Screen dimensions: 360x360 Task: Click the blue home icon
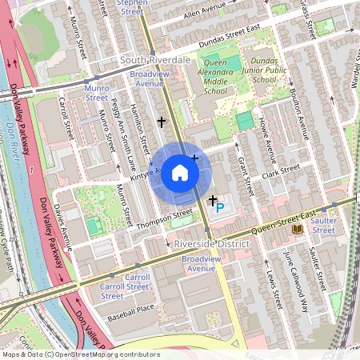[x=180, y=173]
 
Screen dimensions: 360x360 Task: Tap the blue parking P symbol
[x=220, y=207]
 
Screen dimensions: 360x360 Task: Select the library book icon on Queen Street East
[x=298, y=230]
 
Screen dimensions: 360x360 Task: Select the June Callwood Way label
[x=296, y=280]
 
